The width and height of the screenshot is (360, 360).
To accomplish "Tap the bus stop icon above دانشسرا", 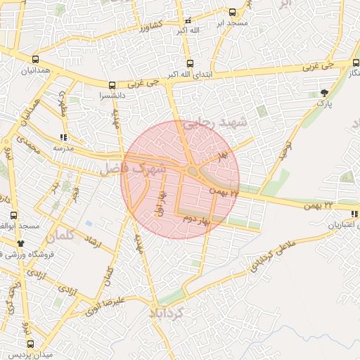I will click(112, 84).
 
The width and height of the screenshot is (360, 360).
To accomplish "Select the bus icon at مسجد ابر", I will click(233, 12).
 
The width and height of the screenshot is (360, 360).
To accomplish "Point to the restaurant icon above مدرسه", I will click(63, 137).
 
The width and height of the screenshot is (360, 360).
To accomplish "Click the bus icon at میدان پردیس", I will click(30, 344).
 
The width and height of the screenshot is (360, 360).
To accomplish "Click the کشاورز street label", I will click(150, 28).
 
